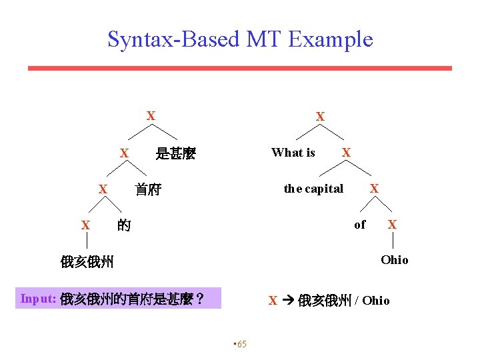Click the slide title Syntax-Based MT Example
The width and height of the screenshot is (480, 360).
point(240,39)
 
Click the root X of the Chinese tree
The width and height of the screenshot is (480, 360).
point(151,116)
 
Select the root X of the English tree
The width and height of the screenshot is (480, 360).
point(320,117)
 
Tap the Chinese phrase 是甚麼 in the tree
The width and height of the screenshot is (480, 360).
point(175,154)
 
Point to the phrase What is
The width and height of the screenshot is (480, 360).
point(293,153)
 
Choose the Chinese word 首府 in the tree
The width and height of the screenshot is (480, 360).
point(148,190)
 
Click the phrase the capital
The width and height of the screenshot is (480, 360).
point(313,189)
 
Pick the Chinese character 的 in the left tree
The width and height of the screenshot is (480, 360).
point(123,226)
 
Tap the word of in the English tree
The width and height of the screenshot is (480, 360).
point(360,225)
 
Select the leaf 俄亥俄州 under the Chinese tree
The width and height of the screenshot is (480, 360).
point(87,262)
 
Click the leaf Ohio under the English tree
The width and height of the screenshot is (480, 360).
point(394,260)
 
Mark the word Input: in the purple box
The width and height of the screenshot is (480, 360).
point(39,299)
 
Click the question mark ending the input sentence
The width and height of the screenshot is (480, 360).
point(199,299)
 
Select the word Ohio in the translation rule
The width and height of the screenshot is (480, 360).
point(376,301)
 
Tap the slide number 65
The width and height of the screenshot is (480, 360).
point(240,344)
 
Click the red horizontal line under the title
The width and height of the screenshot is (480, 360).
point(240,68)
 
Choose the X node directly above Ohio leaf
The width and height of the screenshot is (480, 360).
point(392,225)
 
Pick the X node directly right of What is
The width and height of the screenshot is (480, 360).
point(346,153)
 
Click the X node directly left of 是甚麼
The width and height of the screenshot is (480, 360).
point(124,154)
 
